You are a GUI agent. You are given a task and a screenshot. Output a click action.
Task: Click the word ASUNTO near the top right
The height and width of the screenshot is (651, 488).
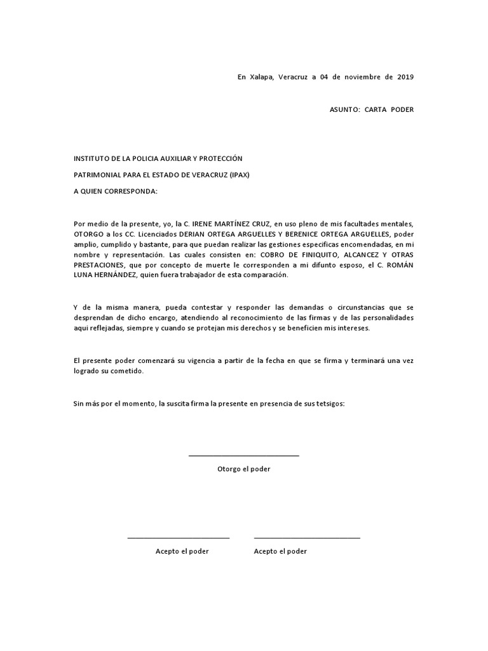pyautogui.click(x=344, y=109)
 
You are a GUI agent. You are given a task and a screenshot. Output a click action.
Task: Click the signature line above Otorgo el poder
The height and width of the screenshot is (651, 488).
pyautogui.click(x=243, y=455)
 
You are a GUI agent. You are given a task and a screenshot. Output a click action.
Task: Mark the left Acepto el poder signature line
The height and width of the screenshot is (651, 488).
pyautogui.click(x=178, y=538)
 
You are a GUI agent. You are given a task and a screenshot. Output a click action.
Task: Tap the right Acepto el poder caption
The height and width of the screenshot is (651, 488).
pyautogui.click(x=280, y=551)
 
